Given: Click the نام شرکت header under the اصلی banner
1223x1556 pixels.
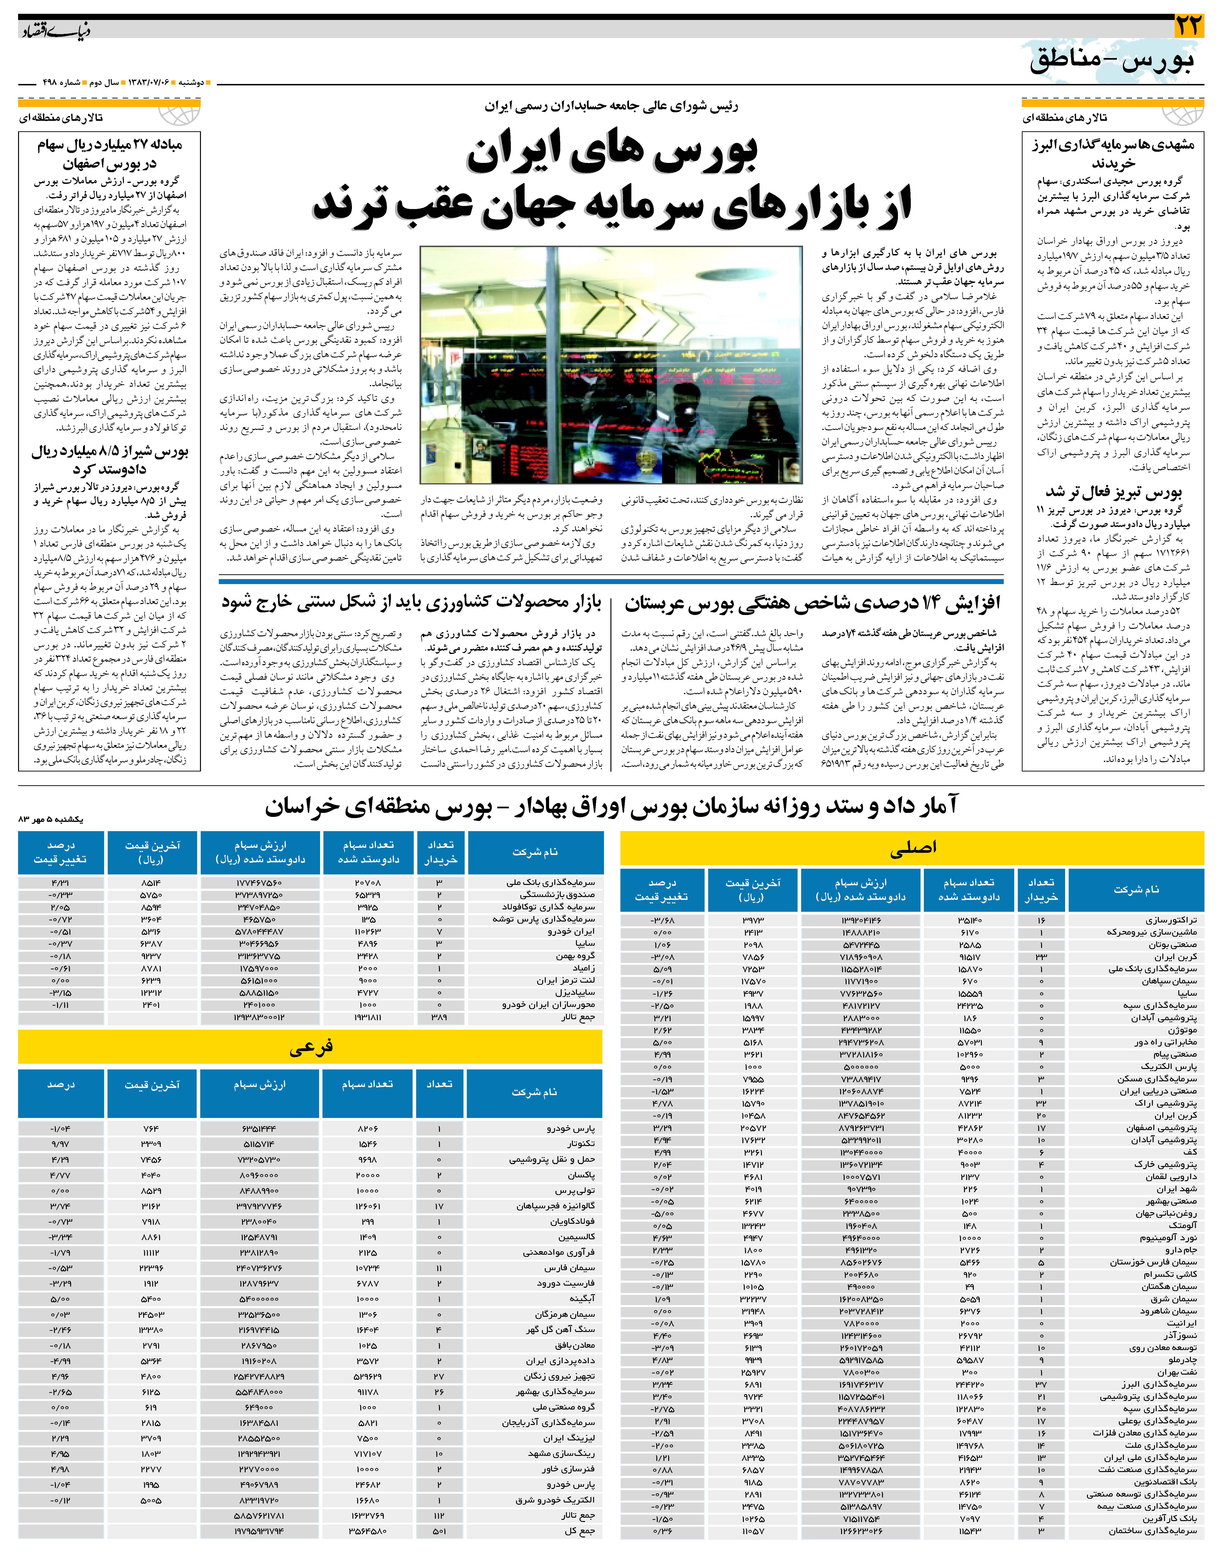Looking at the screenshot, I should coord(1135,889).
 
